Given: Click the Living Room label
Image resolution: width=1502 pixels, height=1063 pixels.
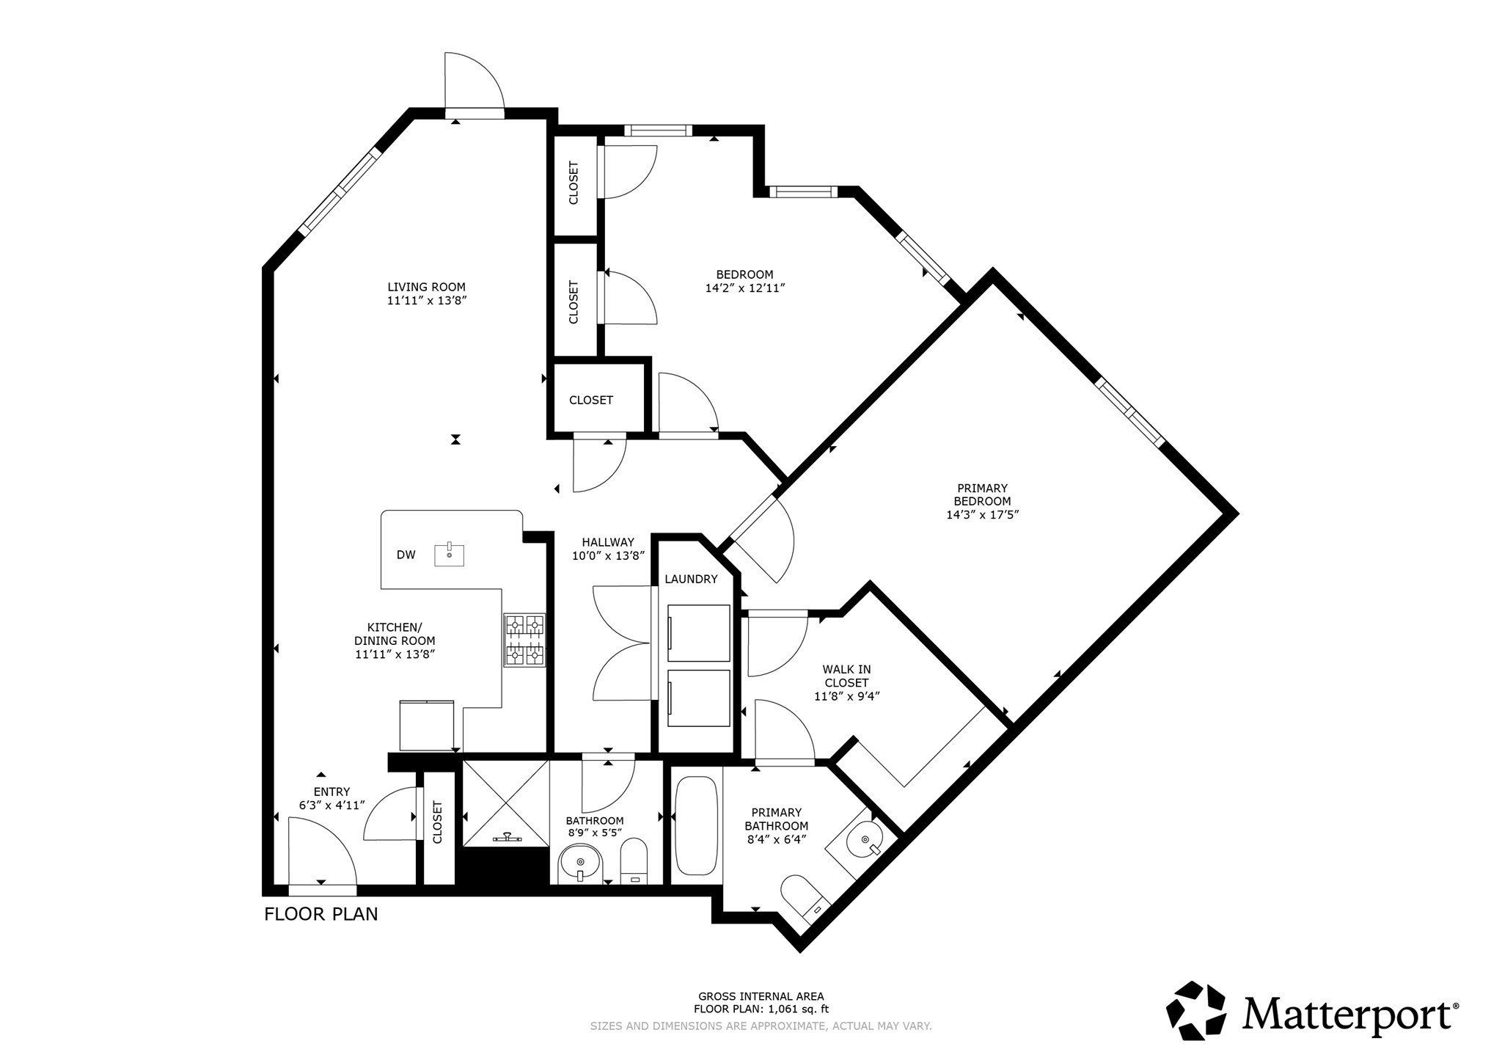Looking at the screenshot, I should (426, 287).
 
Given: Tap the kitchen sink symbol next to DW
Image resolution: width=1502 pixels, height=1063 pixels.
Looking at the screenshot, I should (449, 555).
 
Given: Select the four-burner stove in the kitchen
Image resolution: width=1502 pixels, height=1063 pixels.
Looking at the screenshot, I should (524, 640).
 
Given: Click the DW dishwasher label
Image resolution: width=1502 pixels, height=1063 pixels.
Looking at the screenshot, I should (406, 555).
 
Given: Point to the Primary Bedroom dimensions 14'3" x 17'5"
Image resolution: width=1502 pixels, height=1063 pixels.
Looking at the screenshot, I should (982, 515).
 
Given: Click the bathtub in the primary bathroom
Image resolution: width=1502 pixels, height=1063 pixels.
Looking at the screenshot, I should (696, 826).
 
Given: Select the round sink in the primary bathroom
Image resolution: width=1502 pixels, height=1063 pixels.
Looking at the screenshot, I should (865, 841).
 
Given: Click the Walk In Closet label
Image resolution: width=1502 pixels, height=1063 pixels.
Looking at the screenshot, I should (846, 676).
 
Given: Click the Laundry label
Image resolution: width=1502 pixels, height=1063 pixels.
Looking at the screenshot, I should (691, 579).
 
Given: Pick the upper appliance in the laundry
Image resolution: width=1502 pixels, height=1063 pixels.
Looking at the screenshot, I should (698, 633).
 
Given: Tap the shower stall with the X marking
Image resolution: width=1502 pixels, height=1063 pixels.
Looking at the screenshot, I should (506, 803).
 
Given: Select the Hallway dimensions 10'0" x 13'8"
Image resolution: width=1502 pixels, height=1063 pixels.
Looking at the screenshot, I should (608, 556).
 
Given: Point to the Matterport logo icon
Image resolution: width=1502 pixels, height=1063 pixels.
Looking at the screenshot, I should (1197, 1011).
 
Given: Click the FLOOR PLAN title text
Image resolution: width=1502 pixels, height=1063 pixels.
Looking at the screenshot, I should (320, 914).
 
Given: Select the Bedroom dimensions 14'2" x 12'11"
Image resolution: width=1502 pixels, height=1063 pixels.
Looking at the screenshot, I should (744, 288).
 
